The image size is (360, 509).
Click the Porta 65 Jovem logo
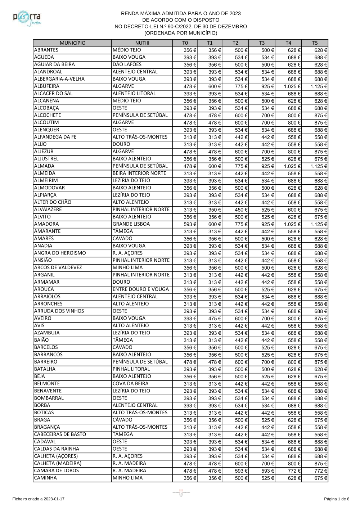tap(27, 18)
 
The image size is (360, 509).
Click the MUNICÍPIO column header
tap(72, 43)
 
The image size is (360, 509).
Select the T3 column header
tap(262, 43)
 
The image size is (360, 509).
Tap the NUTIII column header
tap(142, 43)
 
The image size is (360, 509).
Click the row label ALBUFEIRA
tap(46, 86)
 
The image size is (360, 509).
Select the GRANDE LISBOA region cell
tap(131, 224)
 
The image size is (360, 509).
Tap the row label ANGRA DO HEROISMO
tap(60, 253)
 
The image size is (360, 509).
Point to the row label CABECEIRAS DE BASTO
tap(60, 434)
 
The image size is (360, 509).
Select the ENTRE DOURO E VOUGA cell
tap(140, 289)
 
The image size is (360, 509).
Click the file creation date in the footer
tap(39, 499)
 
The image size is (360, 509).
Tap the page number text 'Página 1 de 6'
tap(336, 499)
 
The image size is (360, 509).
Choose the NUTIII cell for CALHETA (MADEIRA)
tap(129, 463)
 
